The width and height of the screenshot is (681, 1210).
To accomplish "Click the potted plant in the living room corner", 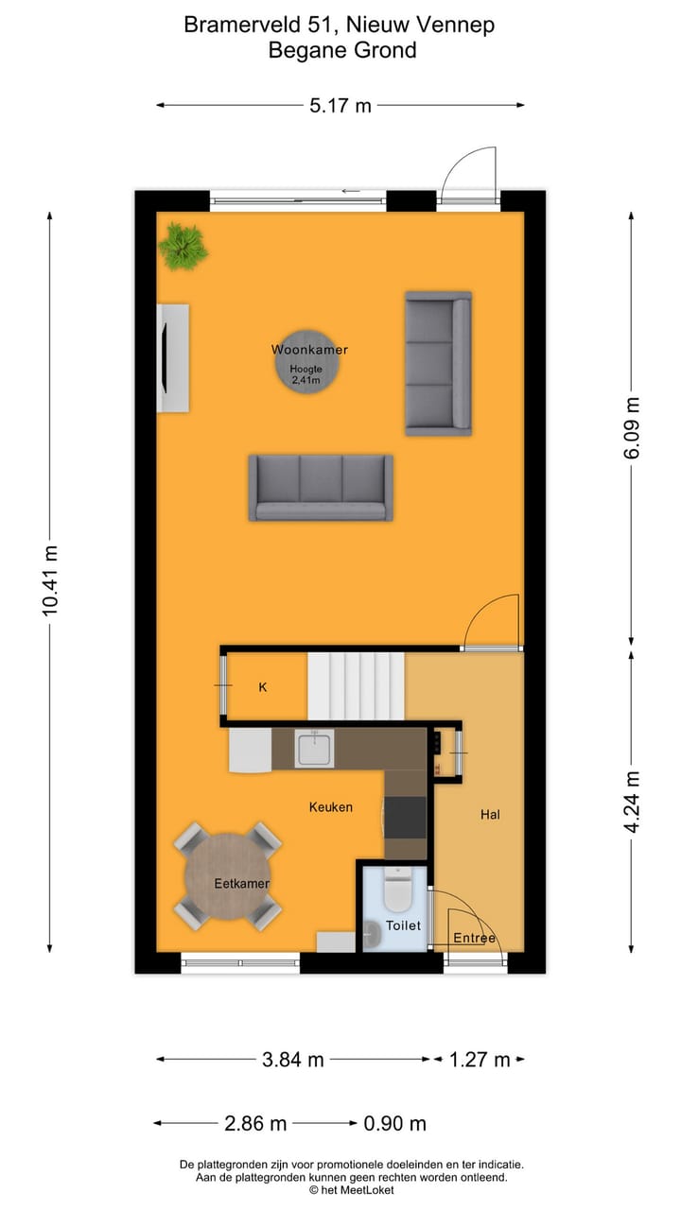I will click(183, 247).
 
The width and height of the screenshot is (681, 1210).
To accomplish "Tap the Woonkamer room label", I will click(309, 350).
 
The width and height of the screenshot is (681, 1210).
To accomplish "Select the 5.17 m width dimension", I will click(340, 105).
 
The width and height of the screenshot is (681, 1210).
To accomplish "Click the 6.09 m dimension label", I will click(633, 427).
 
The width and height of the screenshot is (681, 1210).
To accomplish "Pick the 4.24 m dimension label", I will click(633, 802).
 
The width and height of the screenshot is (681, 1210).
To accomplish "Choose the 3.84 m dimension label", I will click(292, 1060).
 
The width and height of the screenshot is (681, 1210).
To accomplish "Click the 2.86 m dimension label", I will click(255, 1123).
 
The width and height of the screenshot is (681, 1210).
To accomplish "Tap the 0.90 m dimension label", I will click(394, 1123).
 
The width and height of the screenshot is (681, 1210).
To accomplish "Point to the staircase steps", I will click(357, 686).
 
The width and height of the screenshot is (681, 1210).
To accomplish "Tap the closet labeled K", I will click(263, 687).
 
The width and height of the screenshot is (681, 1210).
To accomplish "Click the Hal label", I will click(490, 814).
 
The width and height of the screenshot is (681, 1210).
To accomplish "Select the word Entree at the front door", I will click(474, 938).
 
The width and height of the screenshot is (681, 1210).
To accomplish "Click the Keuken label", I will click(330, 806).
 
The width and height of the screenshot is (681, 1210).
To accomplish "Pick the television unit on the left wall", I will click(172, 357).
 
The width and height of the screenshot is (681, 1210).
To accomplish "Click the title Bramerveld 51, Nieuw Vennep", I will click(339, 25).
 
